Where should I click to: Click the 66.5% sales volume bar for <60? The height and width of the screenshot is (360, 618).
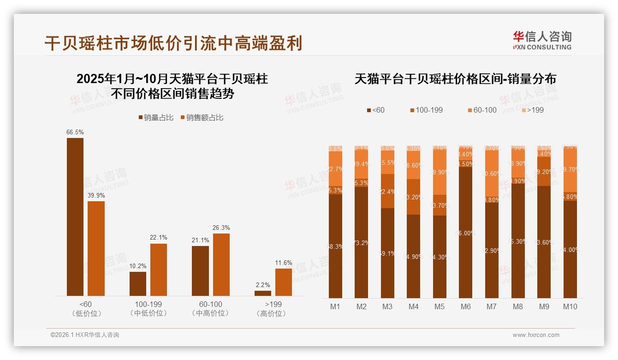(75, 217)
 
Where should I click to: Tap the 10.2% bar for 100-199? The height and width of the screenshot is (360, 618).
(138, 284)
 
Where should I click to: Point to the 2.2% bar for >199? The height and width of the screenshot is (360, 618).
(263, 293)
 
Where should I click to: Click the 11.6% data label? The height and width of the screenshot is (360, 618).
(284, 263)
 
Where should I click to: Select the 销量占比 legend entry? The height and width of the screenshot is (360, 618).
(156, 118)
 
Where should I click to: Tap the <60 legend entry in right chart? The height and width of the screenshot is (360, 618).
(375, 110)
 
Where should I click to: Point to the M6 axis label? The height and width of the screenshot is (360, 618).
(466, 306)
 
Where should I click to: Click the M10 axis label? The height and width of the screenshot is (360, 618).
(570, 306)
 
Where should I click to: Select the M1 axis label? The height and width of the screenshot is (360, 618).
(335, 306)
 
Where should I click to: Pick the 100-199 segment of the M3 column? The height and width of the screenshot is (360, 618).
(387, 191)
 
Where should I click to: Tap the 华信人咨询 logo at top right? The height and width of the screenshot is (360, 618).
(542, 40)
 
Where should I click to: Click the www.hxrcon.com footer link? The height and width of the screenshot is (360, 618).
(536, 335)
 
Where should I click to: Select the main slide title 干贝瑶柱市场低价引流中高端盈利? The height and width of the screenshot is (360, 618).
(173, 43)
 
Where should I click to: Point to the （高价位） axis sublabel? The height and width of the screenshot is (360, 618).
(273, 313)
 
